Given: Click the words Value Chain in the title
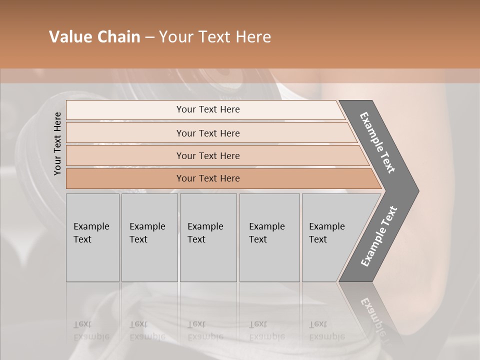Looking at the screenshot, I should click(94, 37).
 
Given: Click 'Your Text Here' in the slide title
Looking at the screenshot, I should click(215, 37).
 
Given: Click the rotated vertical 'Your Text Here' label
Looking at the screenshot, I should click(57, 143).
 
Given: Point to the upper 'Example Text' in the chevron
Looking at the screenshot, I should click(377, 142).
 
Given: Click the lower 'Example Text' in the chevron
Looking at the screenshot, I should click(378, 236).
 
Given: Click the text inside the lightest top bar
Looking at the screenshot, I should click(208, 109).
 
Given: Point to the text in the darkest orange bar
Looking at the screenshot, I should click(208, 178).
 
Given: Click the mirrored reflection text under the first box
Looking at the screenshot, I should click(91, 330).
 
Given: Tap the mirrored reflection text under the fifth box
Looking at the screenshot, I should click(326, 330).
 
